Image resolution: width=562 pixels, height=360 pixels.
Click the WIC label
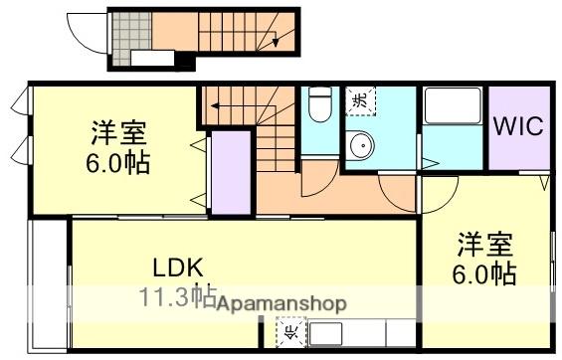[x=517, y=127]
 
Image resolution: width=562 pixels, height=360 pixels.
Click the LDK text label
[x=178, y=268]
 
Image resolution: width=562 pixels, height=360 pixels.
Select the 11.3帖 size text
[x=177, y=294]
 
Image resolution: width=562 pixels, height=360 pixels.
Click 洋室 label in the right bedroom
[x=484, y=243]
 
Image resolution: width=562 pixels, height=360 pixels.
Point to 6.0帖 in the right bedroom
[x=484, y=271]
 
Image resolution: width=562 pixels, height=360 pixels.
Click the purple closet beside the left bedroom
[x=230, y=170]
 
